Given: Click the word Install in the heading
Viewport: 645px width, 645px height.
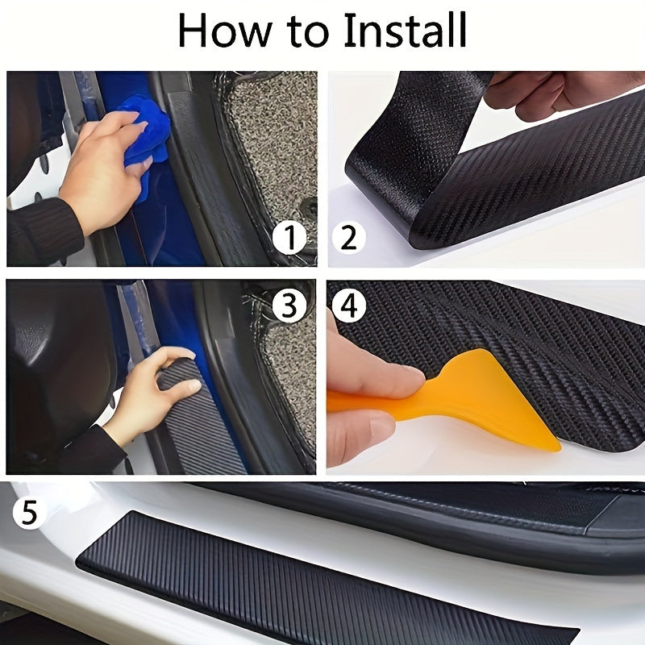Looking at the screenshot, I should tap(405, 32).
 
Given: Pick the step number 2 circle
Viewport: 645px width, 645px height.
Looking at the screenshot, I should tap(348, 239).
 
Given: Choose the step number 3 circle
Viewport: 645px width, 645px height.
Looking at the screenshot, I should tap(289, 305).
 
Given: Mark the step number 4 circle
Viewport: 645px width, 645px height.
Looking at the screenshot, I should tap(348, 305).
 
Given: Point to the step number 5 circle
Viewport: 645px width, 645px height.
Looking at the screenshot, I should tap(29, 514).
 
